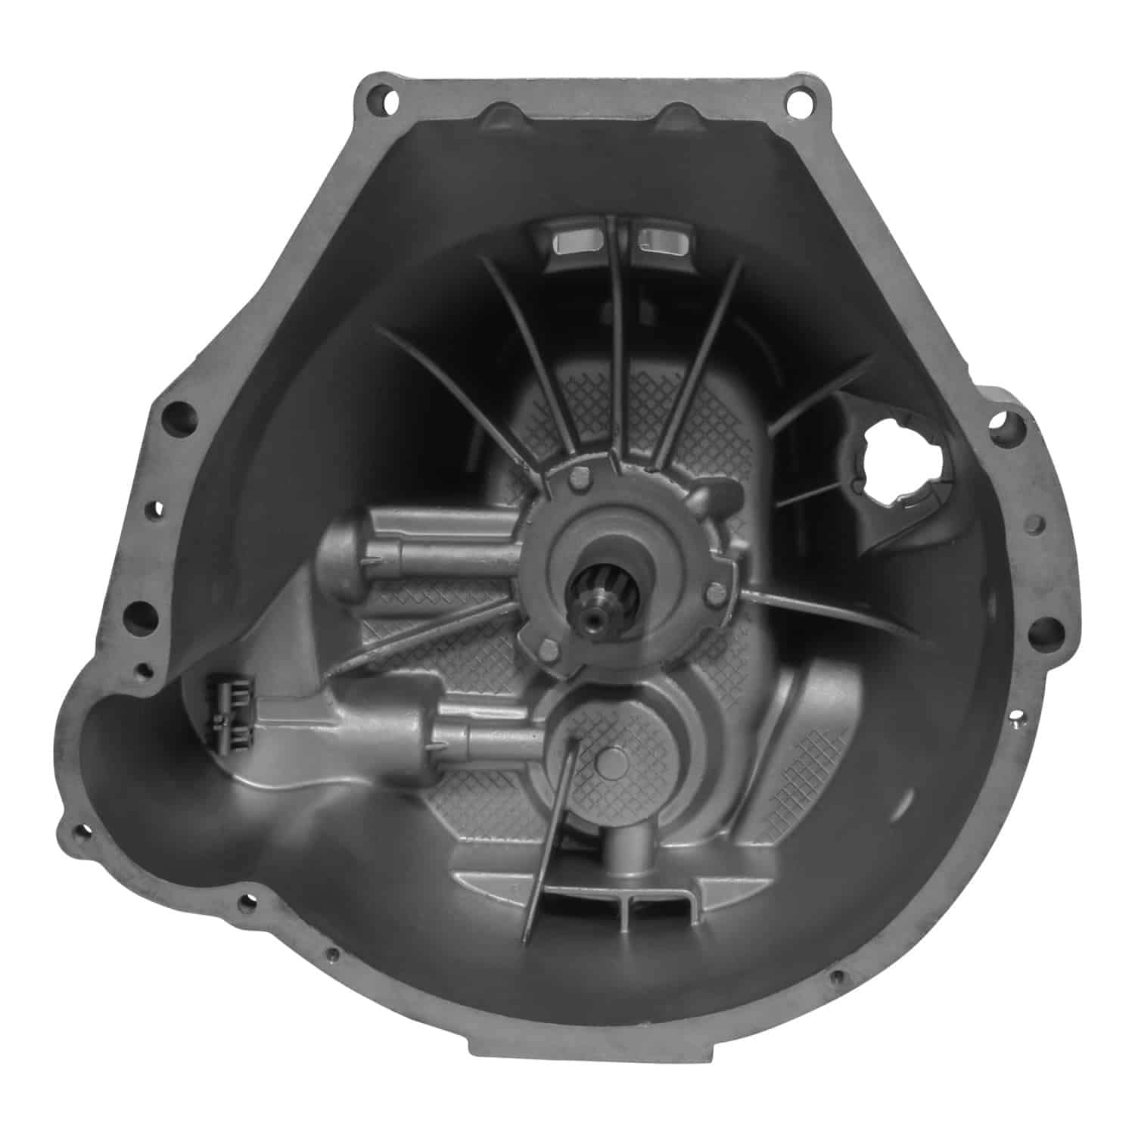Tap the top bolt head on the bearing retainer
582,477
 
